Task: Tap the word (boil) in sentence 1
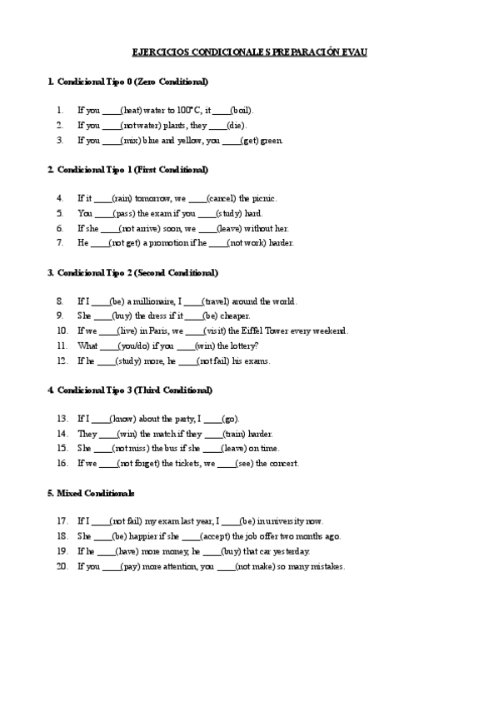pos(242,110)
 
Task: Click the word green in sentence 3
pos(271,140)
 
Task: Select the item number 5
pos(61,213)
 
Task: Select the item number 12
pos(62,361)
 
